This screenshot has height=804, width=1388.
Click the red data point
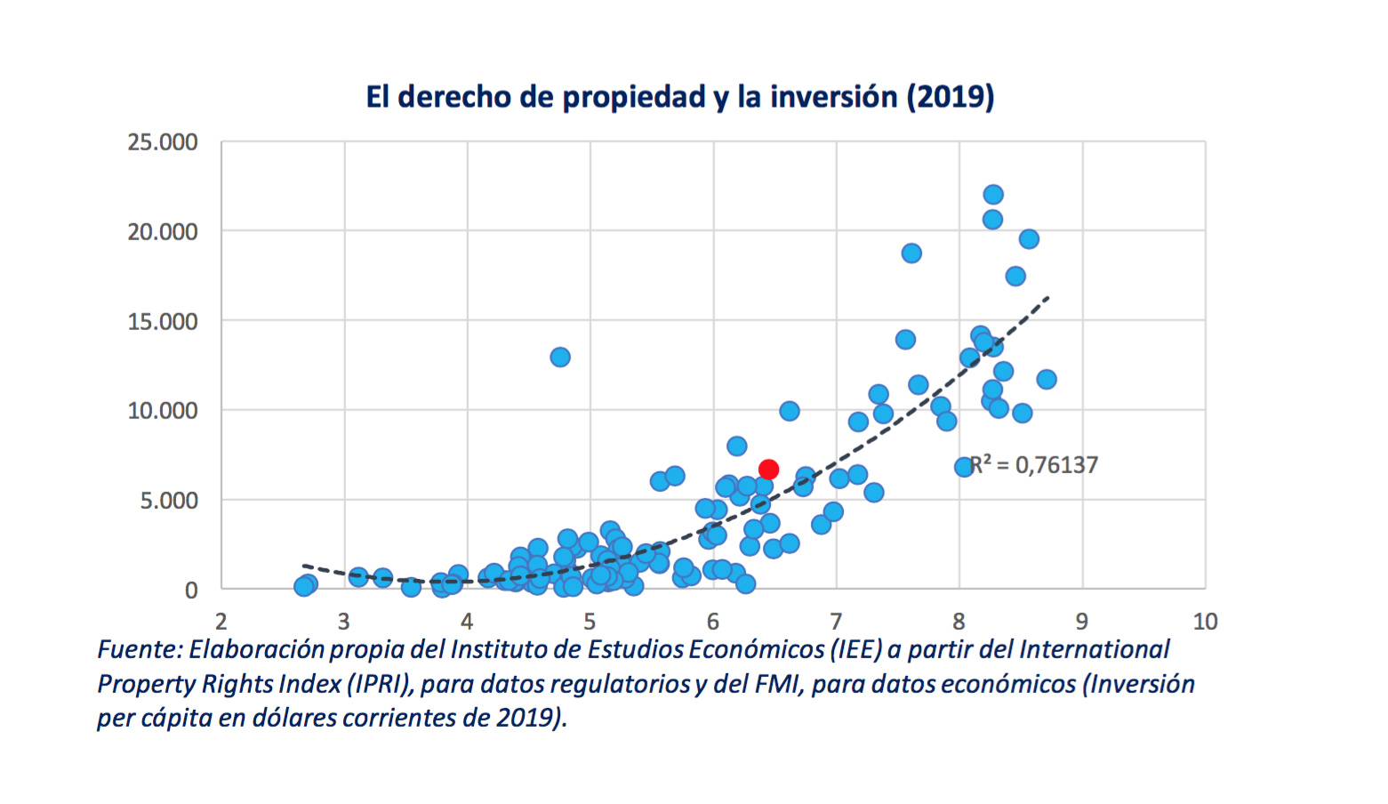pyautogui.click(x=769, y=470)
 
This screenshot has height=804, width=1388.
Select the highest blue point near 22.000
pyautogui.click(x=993, y=195)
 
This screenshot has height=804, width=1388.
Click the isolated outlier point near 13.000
pyautogui.click(x=560, y=358)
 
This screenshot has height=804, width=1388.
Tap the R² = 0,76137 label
pyautogui.click(x=1034, y=465)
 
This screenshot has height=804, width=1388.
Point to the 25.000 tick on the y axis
pyautogui.click(x=163, y=142)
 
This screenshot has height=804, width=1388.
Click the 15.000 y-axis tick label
pyautogui.click(x=163, y=322)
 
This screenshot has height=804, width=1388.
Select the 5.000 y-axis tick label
pyautogui.click(x=168, y=501)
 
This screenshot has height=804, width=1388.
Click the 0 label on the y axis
pyautogui.click(x=191, y=591)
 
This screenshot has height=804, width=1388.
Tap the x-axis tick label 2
pyautogui.click(x=221, y=621)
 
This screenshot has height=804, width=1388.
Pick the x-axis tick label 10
pyautogui.click(x=1205, y=621)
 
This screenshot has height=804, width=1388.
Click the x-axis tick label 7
pyautogui.click(x=836, y=621)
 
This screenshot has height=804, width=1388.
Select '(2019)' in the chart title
pyautogui.click(x=950, y=96)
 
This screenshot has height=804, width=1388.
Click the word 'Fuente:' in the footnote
pyautogui.click(x=140, y=650)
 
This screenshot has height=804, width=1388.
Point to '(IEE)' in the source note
pyautogui.click(x=856, y=650)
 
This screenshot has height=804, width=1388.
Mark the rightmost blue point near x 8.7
pyautogui.click(x=1047, y=380)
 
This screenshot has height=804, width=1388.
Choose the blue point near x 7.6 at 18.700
pyautogui.click(x=911, y=253)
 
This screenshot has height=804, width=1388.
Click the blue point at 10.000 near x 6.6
pyautogui.click(x=790, y=411)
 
